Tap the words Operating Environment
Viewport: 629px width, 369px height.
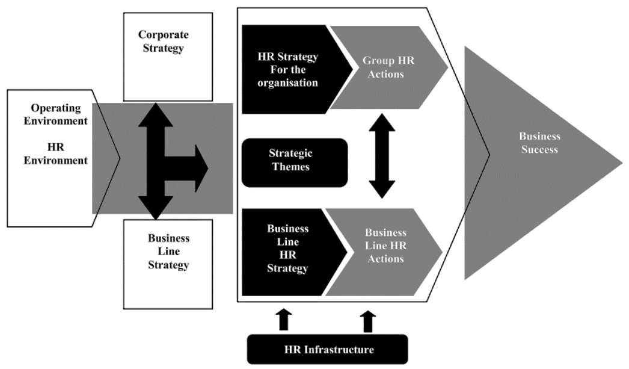click(55, 114)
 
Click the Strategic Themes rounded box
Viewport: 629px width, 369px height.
click(295, 161)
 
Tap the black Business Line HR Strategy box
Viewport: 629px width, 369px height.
click(287, 249)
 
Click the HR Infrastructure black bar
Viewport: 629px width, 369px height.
click(328, 349)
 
